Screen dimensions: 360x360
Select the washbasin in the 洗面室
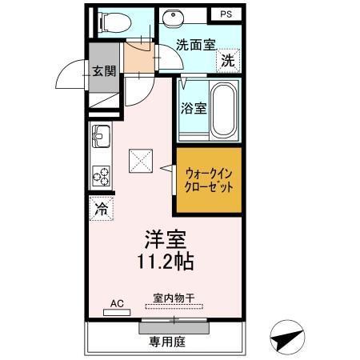tap(172, 17)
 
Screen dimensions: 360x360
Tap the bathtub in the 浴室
tap(225, 108)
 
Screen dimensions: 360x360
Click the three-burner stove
tap(101, 175)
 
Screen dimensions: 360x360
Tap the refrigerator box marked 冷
tap(102, 210)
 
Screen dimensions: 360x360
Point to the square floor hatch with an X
tap(142, 161)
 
